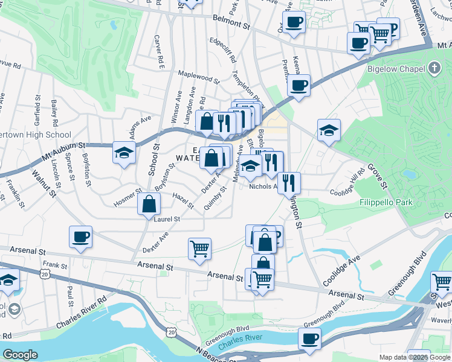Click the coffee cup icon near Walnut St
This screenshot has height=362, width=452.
80,237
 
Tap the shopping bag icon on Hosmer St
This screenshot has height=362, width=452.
149,205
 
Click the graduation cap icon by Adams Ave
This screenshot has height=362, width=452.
123,153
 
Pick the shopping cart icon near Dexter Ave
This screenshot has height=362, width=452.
199,248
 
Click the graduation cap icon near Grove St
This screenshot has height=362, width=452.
329,130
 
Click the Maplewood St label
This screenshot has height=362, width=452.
198,78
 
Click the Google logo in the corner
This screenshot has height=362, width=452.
20,355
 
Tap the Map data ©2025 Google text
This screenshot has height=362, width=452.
415,357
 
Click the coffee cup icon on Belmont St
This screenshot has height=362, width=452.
294,23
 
